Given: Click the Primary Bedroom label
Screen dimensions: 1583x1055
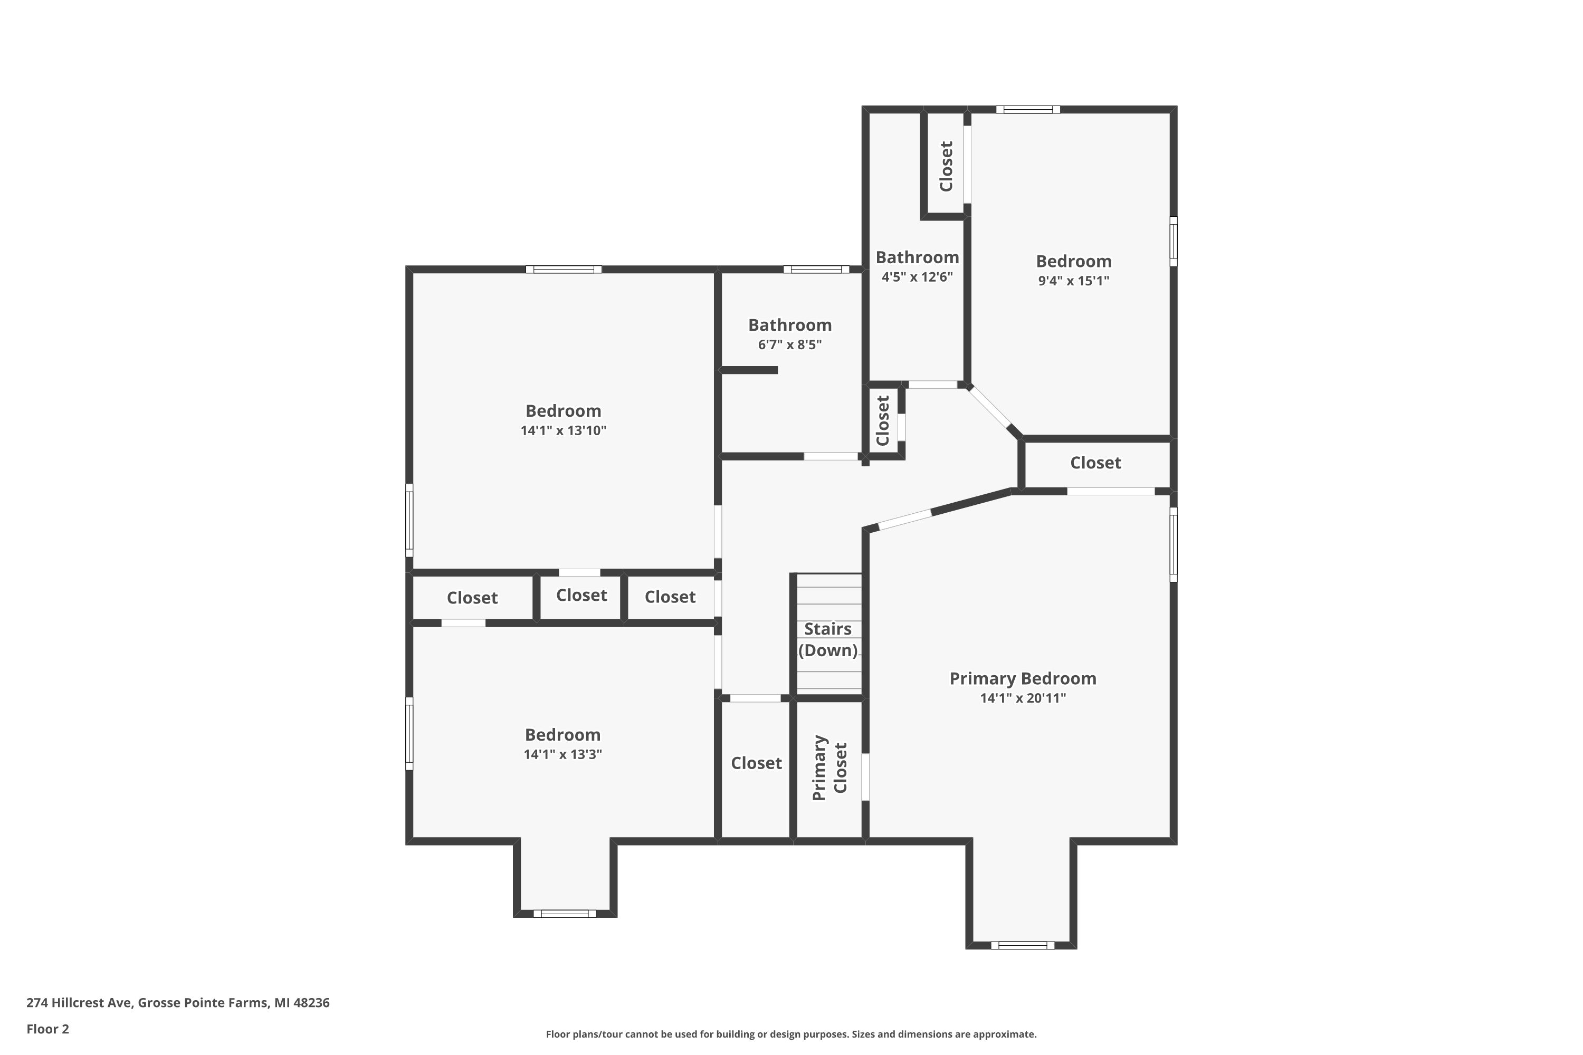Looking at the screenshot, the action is pyautogui.click(x=1023, y=678).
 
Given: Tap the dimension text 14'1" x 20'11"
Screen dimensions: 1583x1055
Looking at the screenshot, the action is pyautogui.click(x=1023, y=698).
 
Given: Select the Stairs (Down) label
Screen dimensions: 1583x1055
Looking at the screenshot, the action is pyautogui.click(x=828, y=639).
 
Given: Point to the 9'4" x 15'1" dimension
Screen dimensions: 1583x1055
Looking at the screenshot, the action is pyautogui.click(x=1073, y=281).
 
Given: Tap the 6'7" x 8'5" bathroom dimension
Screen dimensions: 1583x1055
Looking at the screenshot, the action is pyautogui.click(x=789, y=344).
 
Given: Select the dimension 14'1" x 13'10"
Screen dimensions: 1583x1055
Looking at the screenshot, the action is pyautogui.click(x=564, y=430).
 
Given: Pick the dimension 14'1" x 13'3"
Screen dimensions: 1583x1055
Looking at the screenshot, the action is pyautogui.click(x=562, y=754).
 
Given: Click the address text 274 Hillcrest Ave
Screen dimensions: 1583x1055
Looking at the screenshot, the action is pyautogui.click(x=80, y=1003).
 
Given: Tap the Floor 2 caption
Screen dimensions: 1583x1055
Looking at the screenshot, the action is pyautogui.click(x=48, y=1029).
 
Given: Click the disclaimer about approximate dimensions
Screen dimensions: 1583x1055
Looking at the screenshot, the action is pyautogui.click(x=791, y=1034).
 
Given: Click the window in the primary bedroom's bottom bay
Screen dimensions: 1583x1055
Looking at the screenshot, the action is pyautogui.click(x=1023, y=945).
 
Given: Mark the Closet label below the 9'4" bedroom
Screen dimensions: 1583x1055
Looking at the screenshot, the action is pyautogui.click(x=1096, y=463).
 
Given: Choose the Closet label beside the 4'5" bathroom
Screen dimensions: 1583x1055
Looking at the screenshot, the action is pyautogui.click(x=946, y=166).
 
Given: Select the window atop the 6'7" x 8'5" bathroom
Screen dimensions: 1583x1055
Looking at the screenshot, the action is pyautogui.click(x=816, y=269).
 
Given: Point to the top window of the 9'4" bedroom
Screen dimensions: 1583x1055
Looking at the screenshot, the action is pyautogui.click(x=1028, y=110).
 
